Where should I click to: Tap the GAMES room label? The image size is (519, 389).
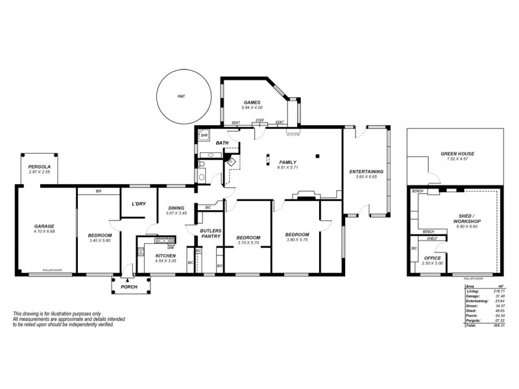[x=252, y=102]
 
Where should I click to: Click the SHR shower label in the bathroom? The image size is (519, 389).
[x=203, y=136]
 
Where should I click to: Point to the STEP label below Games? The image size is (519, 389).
[x=259, y=121]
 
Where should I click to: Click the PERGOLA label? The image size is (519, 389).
[x=39, y=167]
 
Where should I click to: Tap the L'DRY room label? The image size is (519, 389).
[x=138, y=204]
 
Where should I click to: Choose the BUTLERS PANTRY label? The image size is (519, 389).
[x=211, y=233]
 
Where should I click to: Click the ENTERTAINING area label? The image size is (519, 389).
[x=367, y=171]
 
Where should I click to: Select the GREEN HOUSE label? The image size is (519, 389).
[x=458, y=154]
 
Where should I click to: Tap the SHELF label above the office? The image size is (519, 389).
[x=432, y=239]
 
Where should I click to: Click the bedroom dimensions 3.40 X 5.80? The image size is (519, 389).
[x=100, y=241]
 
